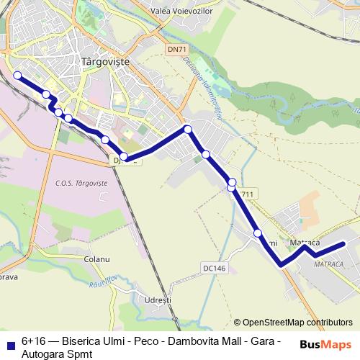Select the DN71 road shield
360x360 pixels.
(x=176, y=49)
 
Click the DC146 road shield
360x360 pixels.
(x=214, y=268)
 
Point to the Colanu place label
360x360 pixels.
(x=96, y=258)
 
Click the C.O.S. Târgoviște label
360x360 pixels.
(x=81, y=184)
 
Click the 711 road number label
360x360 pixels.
(x=247, y=194)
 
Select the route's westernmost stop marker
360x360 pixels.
(x=17, y=74)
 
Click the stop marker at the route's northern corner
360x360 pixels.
(x=188, y=130)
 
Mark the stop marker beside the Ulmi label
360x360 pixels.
(x=258, y=233)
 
